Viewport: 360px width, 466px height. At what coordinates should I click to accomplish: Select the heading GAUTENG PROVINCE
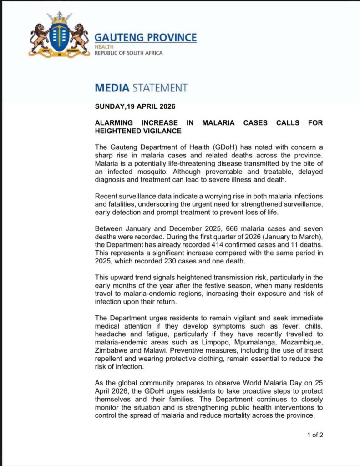[145, 37]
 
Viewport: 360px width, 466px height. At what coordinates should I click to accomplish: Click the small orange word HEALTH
[101, 47]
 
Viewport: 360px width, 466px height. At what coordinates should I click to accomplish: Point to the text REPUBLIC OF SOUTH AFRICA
[128, 53]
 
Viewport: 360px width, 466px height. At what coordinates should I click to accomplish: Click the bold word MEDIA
[112, 87]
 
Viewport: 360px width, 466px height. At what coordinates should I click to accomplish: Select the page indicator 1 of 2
[315, 435]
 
